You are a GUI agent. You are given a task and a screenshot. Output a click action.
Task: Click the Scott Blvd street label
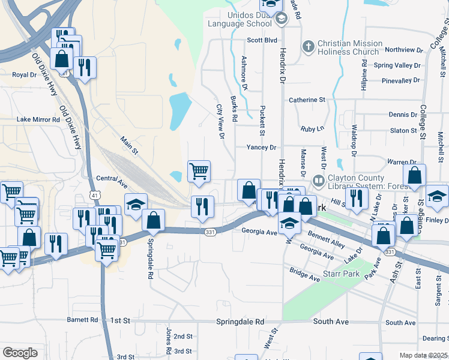click(x=263, y=41)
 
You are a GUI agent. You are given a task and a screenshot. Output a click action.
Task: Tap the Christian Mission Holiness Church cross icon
click(x=308, y=47)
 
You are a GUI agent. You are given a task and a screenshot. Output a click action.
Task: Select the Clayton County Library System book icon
click(x=318, y=179)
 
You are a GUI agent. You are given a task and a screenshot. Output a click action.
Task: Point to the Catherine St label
click(x=307, y=100)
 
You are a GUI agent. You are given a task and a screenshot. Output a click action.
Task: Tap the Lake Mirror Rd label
click(x=38, y=119)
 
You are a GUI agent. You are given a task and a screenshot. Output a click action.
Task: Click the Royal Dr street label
click(x=25, y=75)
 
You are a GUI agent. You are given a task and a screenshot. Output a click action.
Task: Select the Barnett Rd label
click(x=82, y=320)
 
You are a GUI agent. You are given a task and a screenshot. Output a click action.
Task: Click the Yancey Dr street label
click(x=261, y=147)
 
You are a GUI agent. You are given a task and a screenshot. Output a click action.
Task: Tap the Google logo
click(x=20, y=353)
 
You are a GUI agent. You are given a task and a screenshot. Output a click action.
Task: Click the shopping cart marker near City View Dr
click(x=199, y=172)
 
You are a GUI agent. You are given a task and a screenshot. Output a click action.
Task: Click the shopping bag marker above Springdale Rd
click(x=154, y=221)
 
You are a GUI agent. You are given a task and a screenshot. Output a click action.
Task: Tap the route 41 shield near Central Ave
click(x=95, y=195)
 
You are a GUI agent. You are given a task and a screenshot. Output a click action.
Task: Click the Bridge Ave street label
click(x=305, y=275)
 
